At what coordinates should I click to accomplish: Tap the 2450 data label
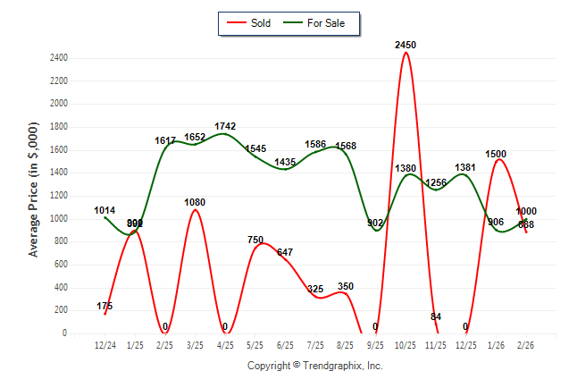pos(406,45)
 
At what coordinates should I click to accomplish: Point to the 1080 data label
pos(196,202)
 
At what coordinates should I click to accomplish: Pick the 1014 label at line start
pos(105,211)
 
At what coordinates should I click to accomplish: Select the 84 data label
pos(436,316)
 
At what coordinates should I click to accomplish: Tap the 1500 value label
pos(496,154)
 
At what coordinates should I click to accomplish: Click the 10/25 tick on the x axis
pos(406,345)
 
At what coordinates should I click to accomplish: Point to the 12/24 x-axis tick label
pos(105,345)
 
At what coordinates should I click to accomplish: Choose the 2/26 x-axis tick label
pos(526,345)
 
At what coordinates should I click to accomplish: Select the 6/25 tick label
pos(286,345)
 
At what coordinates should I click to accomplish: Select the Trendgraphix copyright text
pos(314,366)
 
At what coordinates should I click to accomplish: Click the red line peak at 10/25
pos(406,53)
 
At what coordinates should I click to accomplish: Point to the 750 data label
pos(255,240)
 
